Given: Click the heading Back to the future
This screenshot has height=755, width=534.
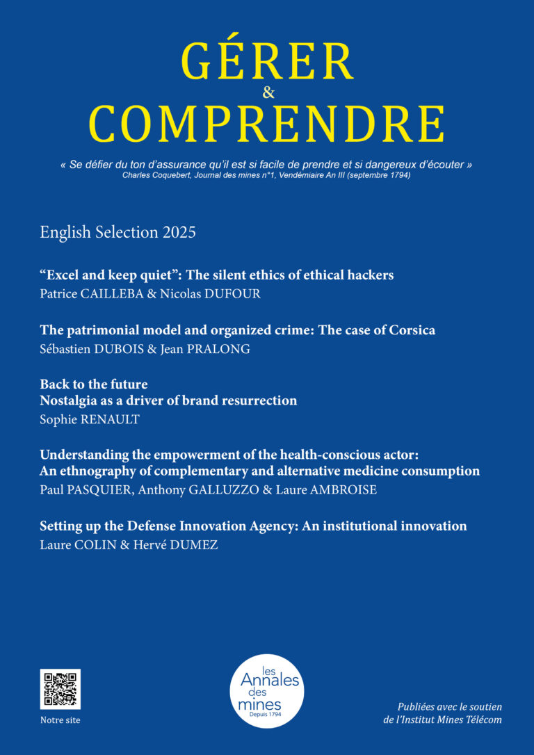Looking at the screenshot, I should tap(94, 384).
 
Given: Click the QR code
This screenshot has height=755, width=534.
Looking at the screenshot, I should tap(60, 689).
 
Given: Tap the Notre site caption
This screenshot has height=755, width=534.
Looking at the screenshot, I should tap(60, 720).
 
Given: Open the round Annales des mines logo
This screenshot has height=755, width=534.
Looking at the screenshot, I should tap(267, 691).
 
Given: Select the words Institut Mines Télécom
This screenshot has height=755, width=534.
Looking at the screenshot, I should tap(453, 720).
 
